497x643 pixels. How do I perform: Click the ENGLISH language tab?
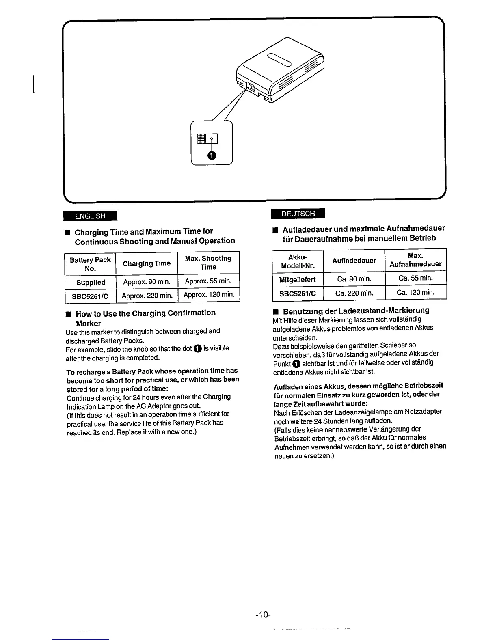(x=90, y=216)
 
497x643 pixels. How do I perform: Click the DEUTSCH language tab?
(x=298, y=214)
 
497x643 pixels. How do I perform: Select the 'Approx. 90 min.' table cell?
(x=147, y=282)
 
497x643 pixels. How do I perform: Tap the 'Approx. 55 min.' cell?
(x=208, y=281)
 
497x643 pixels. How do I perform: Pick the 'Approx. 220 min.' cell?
(x=147, y=296)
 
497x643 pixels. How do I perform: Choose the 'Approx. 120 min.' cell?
(x=209, y=295)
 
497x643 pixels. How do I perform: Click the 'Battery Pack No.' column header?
(x=90, y=264)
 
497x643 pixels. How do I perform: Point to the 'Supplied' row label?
(x=91, y=282)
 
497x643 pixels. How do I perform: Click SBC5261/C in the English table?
(x=90, y=296)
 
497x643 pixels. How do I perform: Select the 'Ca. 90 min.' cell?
(x=354, y=279)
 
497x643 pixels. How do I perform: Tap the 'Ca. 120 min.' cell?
(x=415, y=292)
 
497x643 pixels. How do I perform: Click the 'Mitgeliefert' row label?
(x=297, y=279)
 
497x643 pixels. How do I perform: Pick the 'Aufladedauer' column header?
(x=354, y=261)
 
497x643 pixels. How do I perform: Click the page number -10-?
(x=263, y=615)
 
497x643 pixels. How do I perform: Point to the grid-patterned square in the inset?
(x=202, y=138)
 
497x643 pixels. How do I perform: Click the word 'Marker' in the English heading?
(x=88, y=324)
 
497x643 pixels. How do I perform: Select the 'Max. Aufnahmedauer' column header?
(x=415, y=260)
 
